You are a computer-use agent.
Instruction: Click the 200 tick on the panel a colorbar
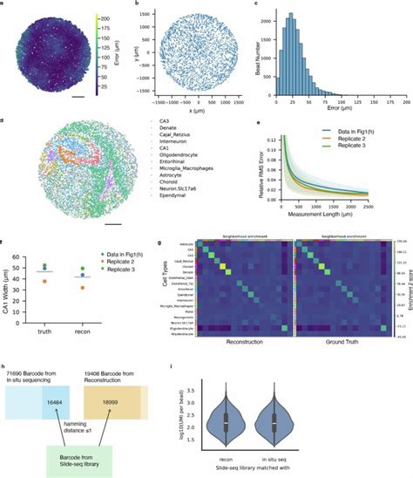106,18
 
